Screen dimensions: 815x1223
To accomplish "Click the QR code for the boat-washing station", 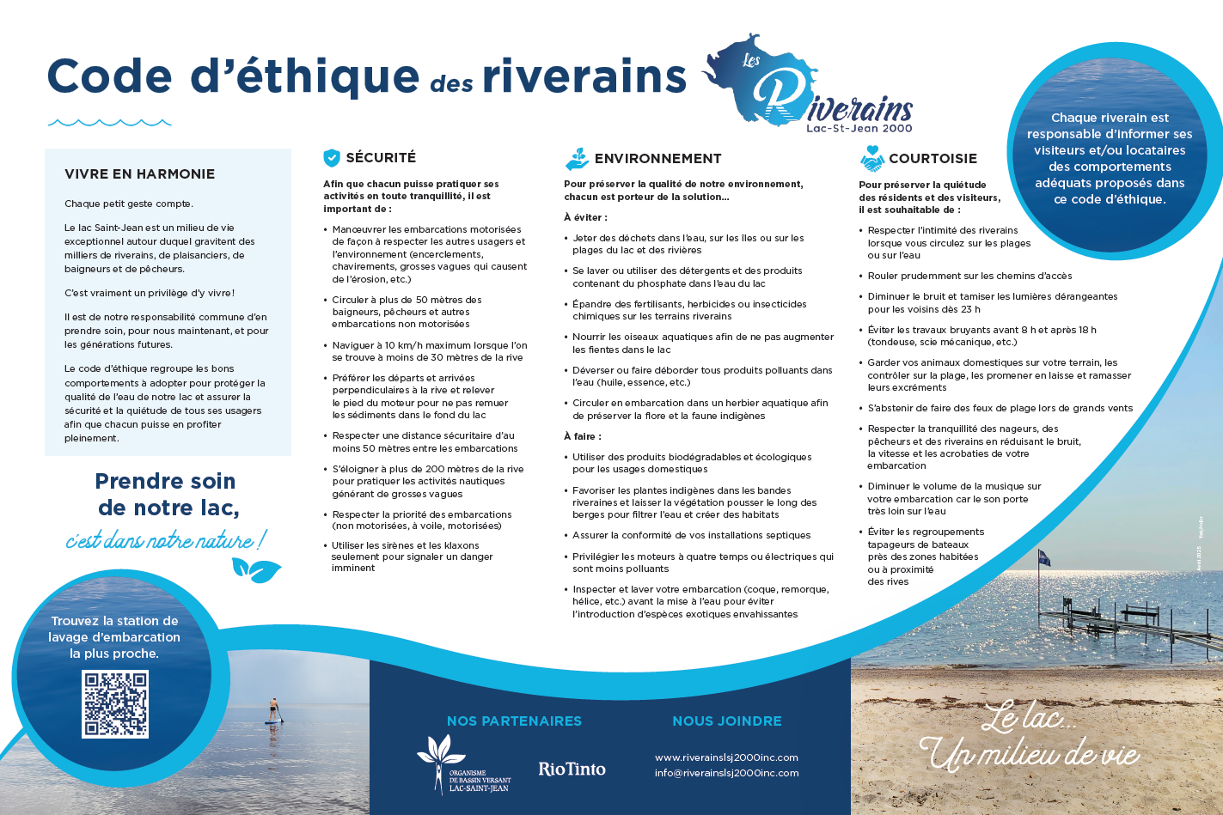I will click(115, 704).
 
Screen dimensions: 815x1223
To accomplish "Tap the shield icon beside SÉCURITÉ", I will click(332, 158).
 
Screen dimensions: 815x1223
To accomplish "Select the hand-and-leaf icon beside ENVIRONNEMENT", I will click(577, 159).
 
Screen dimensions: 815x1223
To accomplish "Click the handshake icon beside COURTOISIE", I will click(871, 159).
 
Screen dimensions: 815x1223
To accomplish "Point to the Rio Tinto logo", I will click(572, 769).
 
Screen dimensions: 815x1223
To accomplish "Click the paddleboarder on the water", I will click(274, 710).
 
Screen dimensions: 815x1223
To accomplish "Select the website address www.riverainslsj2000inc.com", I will click(726, 757).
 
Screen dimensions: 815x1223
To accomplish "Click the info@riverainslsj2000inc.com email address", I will click(726, 773).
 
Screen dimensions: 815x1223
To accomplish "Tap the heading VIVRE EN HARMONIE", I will click(139, 174).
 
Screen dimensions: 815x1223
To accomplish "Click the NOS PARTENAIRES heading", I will click(514, 721).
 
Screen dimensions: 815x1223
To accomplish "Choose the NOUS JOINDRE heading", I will click(727, 721).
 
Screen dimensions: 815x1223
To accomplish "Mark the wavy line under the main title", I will click(109, 123).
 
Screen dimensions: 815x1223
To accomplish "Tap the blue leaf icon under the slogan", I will click(255, 569).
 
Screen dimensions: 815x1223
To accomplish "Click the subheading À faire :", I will click(583, 436).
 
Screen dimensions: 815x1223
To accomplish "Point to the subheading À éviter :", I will click(585, 217).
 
